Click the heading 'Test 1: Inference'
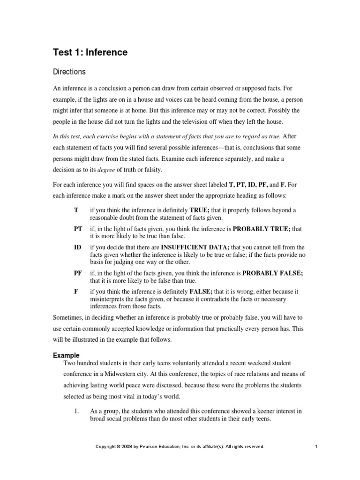(90, 52)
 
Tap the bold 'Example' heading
(66, 355)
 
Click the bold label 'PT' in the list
(78, 229)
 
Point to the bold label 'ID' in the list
(77, 247)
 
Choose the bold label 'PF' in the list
(78, 273)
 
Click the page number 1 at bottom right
(317, 447)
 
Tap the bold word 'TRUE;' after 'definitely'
(199, 210)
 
